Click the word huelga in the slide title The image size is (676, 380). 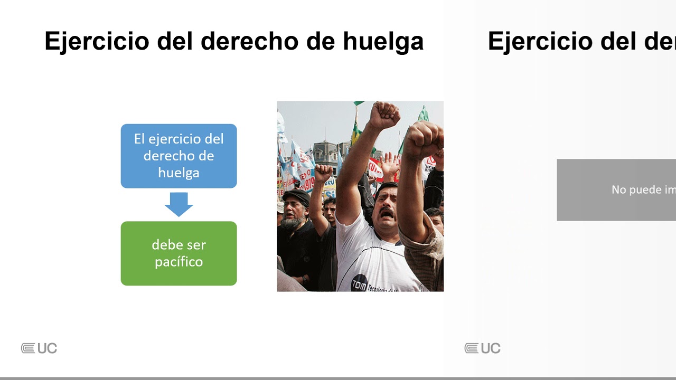click(383, 42)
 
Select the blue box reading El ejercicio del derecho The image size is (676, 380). click(179, 156)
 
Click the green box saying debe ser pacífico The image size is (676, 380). click(179, 253)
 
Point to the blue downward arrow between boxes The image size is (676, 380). click(179, 204)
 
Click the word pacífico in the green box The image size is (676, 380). click(179, 262)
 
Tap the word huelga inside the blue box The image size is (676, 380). click(179, 173)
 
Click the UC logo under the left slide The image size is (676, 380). click(39, 348)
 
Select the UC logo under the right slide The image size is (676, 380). click(483, 348)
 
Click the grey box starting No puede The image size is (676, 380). click(616, 189)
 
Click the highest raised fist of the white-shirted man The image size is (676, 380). click(384, 115)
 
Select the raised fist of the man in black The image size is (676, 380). click(323, 173)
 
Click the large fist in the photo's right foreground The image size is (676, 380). click(422, 140)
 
